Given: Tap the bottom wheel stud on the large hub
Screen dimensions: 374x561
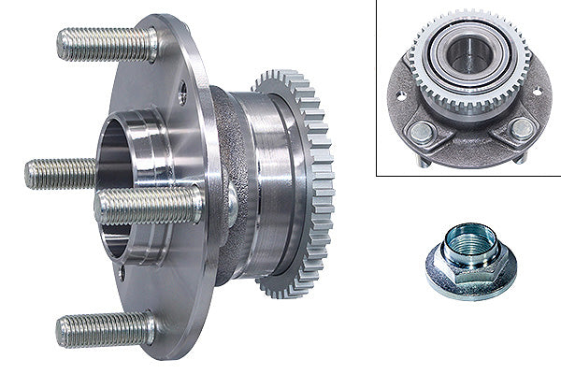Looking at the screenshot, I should [106, 329].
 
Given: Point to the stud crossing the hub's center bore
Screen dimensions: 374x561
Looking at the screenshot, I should [150, 205].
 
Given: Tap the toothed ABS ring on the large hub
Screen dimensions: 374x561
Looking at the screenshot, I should [318, 187].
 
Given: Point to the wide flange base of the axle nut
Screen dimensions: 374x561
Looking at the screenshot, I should [471, 280].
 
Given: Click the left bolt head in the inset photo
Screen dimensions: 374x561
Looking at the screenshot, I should [422, 132].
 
